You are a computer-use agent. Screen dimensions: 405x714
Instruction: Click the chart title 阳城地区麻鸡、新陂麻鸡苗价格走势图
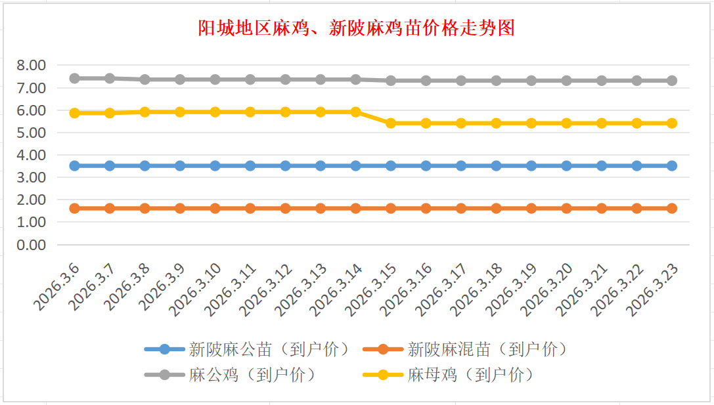(x=357, y=28)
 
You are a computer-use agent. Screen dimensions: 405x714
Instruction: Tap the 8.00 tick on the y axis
(x=31, y=65)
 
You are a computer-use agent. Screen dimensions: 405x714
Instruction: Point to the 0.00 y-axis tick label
(x=31, y=245)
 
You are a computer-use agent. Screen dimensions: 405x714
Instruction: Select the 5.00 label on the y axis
(x=31, y=133)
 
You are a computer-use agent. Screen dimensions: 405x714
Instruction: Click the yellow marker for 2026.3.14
(x=355, y=112)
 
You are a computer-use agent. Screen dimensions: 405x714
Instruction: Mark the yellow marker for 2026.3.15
(x=391, y=123)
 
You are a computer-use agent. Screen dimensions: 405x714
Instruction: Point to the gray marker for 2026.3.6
(x=75, y=78)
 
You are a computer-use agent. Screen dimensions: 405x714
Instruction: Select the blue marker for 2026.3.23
(x=671, y=165)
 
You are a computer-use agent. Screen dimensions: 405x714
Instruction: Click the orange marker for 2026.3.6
(x=75, y=208)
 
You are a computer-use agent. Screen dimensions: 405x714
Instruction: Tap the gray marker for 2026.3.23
(x=671, y=81)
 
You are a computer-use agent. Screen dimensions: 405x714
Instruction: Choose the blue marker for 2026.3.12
(x=285, y=165)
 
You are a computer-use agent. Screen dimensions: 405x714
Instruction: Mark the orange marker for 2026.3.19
(x=531, y=208)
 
